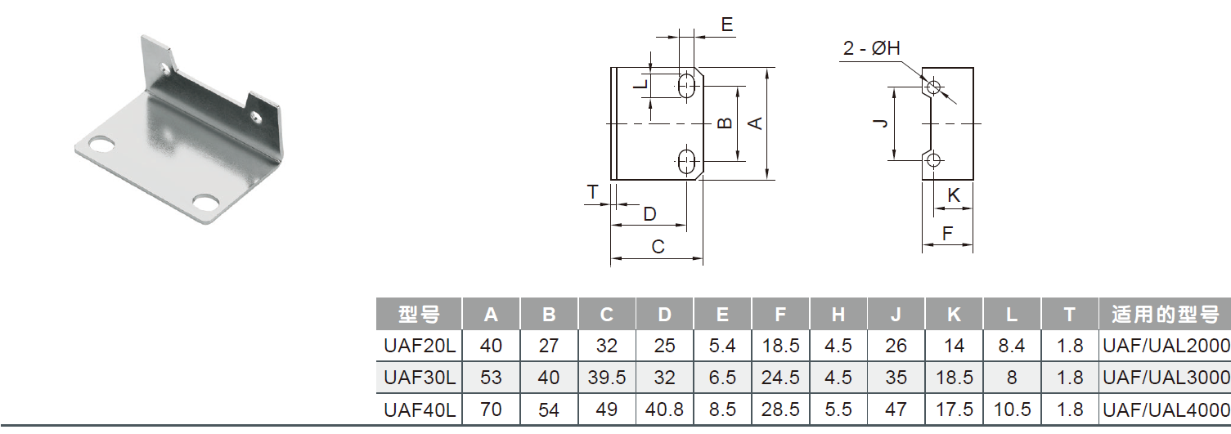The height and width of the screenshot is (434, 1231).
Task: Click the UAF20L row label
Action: coord(419,346)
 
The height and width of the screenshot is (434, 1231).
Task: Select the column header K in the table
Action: coord(954,315)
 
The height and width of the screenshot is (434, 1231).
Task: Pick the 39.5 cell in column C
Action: coord(607,378)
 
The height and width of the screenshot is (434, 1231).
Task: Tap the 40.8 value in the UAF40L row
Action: coord(664,409)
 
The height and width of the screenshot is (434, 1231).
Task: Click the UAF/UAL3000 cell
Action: coord(1166,378)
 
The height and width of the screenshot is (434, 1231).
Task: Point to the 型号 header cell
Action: coord(419,315)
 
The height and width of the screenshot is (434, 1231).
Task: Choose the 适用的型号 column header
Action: coord(1166,315)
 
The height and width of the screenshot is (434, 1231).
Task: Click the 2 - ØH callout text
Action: coord(871,50)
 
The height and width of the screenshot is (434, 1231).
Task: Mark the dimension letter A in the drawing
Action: coord(756,123)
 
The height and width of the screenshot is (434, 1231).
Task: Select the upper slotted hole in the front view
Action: coord(687,84)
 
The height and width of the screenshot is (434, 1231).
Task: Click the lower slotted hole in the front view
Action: coord(687,161)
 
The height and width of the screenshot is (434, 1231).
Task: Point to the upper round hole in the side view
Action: coord(934,86)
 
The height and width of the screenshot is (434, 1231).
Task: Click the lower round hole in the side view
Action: coord(934,159)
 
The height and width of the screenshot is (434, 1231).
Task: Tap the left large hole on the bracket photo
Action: coord(101,145)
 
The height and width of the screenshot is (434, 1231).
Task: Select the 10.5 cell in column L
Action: coord(1012,409)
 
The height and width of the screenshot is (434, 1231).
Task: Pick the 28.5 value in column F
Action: coord(780,409)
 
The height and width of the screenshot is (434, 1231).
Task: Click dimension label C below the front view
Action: coord(657,246)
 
